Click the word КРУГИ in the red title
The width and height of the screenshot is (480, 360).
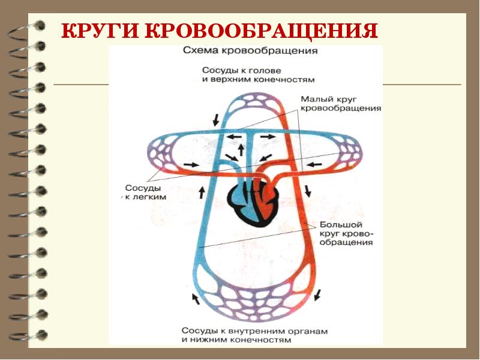coord(101,32)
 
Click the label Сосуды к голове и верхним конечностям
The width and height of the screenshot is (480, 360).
coord(258,74)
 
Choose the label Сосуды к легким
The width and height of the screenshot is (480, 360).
coord(145,191)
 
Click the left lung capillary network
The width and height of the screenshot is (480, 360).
coord(165,154)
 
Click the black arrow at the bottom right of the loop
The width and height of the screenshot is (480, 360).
coord(319,294)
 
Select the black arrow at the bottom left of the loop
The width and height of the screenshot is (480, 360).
coord(193,298)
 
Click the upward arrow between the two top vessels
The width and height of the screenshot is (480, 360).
coord(241,146)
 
